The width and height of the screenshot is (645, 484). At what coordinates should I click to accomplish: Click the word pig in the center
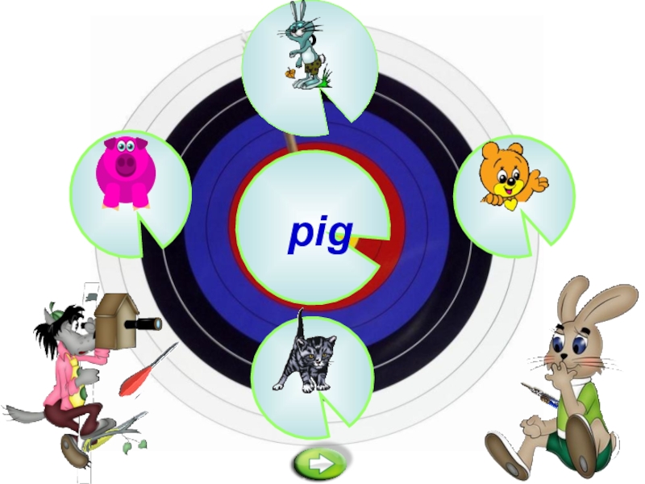pyautogui.click(x=322, y=234)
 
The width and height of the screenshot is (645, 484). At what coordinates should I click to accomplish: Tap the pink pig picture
pyautogui.click(x=125, y=171)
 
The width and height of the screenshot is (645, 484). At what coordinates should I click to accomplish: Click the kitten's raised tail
pyautogui.click(x=299, y=322)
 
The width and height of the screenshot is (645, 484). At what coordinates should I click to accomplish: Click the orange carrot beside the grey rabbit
pyautogui.click(x=289, y=73)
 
